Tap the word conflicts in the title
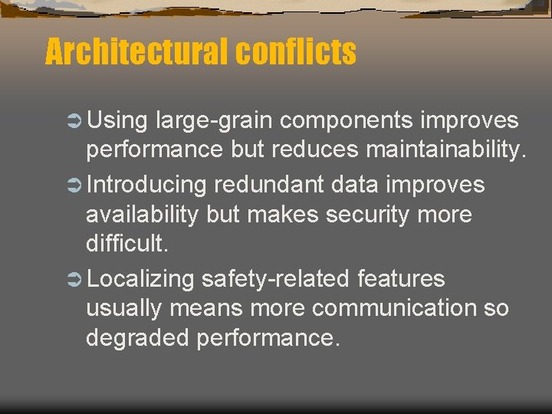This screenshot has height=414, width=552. coord(296,52)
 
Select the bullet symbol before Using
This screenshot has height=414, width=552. coord(74,121)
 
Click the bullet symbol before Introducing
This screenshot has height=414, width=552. coord(74,185)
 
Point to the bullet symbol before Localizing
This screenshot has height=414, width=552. coord(74,279)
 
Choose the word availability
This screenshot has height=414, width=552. coord(143,215)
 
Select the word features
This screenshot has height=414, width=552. coord(401,279)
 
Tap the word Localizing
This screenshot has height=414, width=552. coord(142,279)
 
